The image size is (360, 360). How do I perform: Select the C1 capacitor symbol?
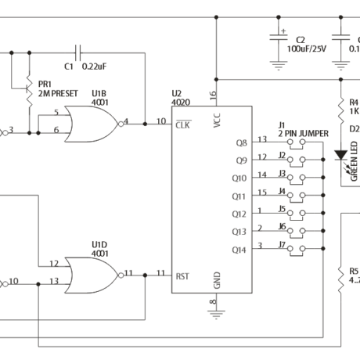[77, 53]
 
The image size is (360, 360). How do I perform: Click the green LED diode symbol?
[341, 155]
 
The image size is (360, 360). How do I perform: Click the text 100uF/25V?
[305, 48]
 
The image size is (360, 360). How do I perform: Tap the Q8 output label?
[240, 143]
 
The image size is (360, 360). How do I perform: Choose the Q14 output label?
[239, 250]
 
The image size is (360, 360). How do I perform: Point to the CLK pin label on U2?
[182, 124]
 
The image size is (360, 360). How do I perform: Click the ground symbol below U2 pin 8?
[213, 313]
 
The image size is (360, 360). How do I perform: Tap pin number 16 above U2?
[212, 95]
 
